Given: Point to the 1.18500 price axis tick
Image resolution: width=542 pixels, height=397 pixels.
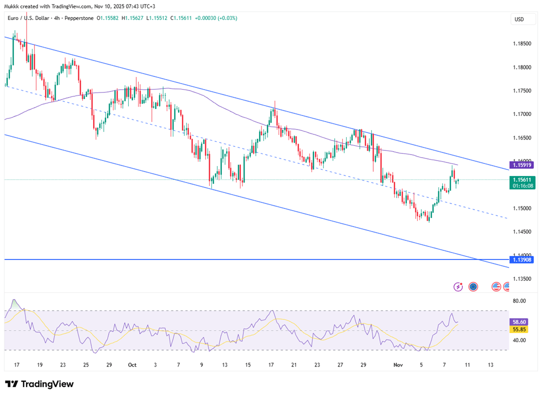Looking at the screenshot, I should point(521,44).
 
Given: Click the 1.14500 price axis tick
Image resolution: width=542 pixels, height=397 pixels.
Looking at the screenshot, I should point(521,231).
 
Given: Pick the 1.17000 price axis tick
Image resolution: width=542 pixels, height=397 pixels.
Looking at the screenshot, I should point(521,114).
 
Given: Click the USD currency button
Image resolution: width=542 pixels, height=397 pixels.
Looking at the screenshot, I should point(519,19).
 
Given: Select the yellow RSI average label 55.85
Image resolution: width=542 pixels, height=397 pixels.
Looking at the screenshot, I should point(519,329).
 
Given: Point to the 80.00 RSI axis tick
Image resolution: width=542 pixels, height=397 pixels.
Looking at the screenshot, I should point(519,301).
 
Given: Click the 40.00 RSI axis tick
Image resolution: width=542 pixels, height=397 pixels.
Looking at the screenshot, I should point(519,340).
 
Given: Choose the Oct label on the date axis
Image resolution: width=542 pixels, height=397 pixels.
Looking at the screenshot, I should point(132,365).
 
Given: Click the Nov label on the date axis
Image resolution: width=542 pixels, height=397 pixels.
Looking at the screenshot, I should point(398,365).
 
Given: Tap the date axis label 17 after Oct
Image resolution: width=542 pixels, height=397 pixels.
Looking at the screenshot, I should point(271,365).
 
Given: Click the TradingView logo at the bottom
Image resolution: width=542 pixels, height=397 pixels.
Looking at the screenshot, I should point(40,384).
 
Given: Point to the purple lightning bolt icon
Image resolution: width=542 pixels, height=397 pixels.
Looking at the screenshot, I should point(458,286).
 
